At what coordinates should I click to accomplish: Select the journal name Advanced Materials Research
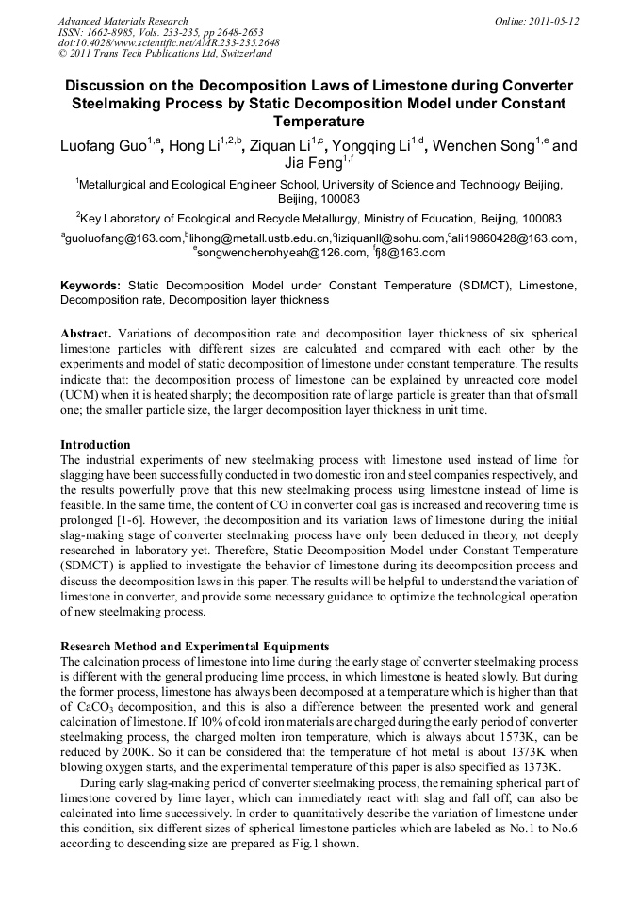pos(123,21)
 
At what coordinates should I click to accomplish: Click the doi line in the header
pos(169,43)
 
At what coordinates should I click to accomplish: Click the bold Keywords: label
pos(90,285)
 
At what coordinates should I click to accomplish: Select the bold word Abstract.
pos(86,335)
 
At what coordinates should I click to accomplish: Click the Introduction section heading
pos(95,444)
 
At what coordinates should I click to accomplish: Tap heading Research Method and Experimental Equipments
pos(194,647)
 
